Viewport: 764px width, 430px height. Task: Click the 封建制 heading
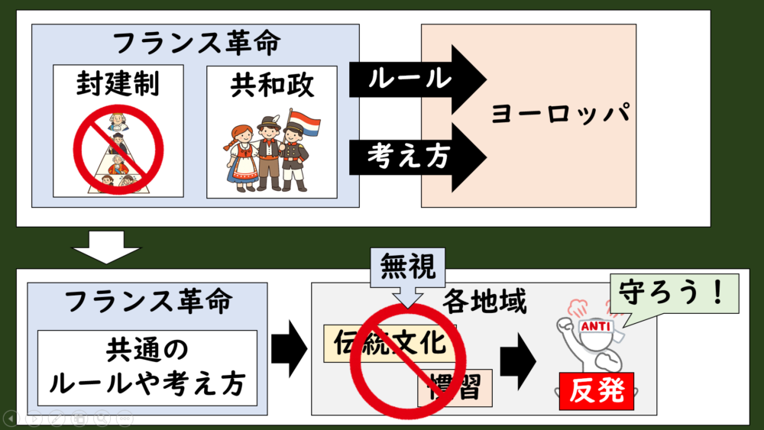point(118,83)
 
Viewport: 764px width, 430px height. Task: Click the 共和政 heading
point(272,86)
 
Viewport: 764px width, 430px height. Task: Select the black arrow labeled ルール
point(418,79)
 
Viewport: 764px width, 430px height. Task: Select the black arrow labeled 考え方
point(418,157)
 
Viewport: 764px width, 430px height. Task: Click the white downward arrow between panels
point(106,247)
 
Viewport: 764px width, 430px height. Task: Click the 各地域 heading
point(484,302)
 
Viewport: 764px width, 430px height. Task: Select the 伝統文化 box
point(390,344)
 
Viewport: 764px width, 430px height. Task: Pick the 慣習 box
point(455,388)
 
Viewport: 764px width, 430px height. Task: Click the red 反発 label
point(597,391)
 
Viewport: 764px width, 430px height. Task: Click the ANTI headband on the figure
point(597,326)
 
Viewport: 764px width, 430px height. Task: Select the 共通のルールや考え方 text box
point(147,367)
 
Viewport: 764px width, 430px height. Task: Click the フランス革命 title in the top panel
point(196,43)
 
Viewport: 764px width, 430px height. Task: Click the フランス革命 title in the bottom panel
point(147,301)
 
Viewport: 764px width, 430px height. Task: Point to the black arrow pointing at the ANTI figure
point(518,361)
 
